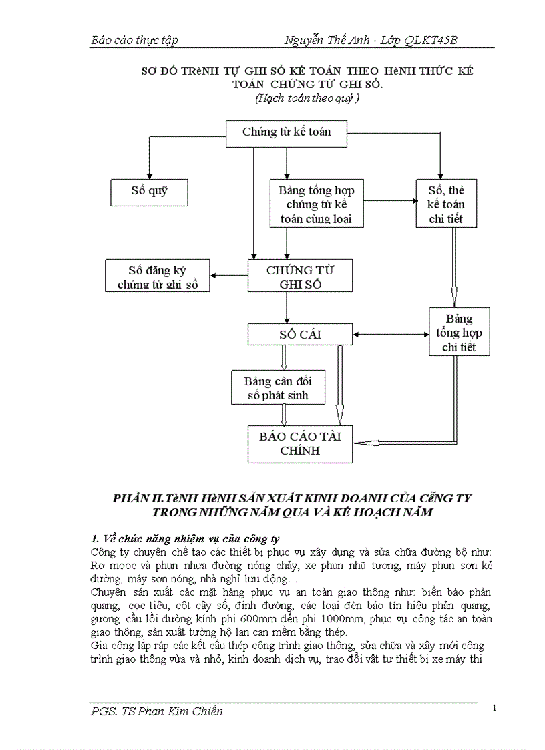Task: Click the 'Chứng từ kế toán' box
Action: pos(287,132)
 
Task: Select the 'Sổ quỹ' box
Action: pos(149,192)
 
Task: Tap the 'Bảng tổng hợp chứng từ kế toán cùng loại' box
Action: pos(316,204)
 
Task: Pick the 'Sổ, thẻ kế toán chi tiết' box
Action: pos(446,204)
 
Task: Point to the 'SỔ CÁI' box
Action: pos(300,334)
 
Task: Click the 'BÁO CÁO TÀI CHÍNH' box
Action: pos(300,443)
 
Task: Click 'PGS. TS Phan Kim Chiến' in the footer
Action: pos(157,711)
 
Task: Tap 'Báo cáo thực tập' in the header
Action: pos(134,41)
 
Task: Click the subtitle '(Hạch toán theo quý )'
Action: pos(307,98)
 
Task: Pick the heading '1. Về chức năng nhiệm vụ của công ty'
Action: pos(185,538)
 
